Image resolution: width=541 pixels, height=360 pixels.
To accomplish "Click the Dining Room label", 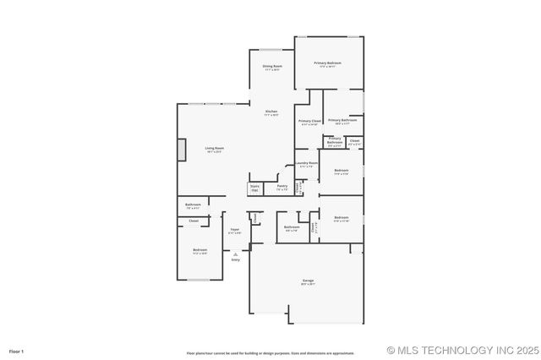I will [271, 66].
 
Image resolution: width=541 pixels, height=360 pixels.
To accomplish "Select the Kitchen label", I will [270, 112].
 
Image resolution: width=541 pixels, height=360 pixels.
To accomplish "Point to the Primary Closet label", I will [309, 121].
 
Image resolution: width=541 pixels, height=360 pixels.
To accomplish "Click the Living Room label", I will [214, 148].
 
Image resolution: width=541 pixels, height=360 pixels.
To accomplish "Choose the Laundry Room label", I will [306, 163].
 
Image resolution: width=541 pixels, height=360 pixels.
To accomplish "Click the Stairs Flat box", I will [254, 188].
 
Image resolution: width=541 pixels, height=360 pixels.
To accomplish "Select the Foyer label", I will [235, 229].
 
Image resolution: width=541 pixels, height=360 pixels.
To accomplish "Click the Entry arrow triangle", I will [235, 254].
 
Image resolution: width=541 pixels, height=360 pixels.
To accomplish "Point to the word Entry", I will [235, 259].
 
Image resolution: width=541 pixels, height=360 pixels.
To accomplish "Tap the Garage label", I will [308, 281].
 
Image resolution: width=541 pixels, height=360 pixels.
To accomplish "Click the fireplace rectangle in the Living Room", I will [180, 149].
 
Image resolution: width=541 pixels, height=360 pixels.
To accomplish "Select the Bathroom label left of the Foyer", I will [193, 205].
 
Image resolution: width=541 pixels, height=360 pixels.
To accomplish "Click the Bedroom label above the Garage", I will [342, 217].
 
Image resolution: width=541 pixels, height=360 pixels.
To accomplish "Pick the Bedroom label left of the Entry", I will [199, 249].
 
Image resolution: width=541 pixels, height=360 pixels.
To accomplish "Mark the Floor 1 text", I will [17, 351].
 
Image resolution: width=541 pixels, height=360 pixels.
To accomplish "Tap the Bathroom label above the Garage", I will [292, 226].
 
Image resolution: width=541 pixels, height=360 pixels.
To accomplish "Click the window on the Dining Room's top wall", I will [271, 50].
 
